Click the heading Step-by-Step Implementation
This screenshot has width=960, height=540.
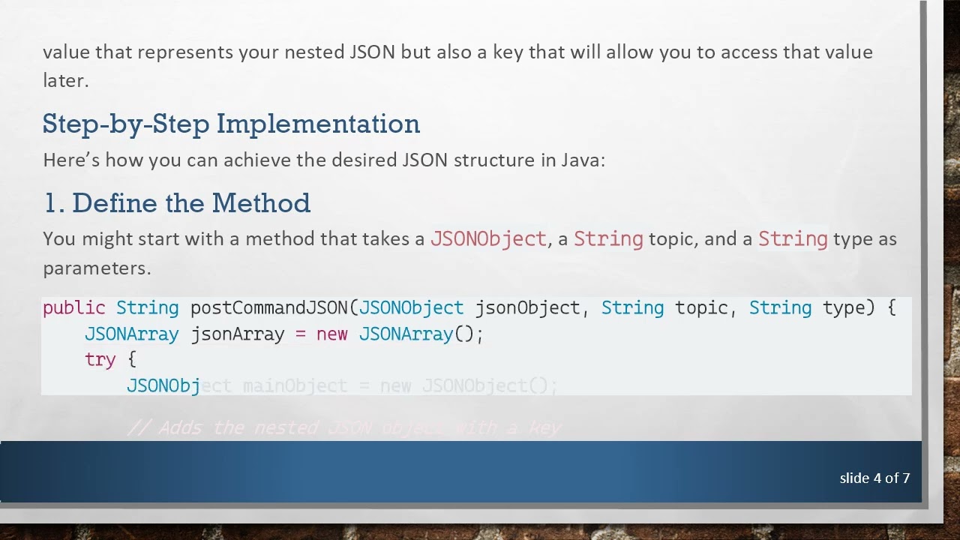[231, 124]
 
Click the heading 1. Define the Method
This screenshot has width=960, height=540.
[176, 203]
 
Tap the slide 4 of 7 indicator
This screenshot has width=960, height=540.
[874, 478]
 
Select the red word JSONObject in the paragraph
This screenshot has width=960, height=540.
[488, 239]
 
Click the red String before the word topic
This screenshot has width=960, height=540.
[608, 239]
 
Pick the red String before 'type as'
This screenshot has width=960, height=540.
[793, 239]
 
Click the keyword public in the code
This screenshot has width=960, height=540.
[73, 308]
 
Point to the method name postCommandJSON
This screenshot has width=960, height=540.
[269, 308]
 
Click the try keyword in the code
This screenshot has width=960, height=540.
[100, 360]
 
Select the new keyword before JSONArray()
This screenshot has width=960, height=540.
[331, 334]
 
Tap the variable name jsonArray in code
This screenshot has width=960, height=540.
[237, 334]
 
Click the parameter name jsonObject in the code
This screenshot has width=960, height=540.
[527, 308]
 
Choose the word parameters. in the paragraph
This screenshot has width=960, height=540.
[97, 268]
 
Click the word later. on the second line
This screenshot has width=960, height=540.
[65, 81]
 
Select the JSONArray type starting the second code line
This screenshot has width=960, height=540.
[131, 334]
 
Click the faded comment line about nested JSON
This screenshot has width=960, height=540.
[344, 428]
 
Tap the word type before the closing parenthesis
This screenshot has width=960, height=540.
[844, 308]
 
